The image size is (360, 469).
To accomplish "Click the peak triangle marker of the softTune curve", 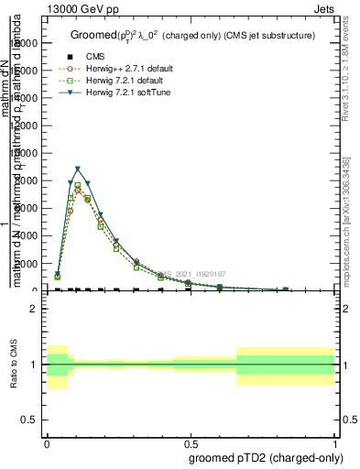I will click(x=78, y=169).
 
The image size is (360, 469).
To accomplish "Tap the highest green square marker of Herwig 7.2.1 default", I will click(x=78, y=185).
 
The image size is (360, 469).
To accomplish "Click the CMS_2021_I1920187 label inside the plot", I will click(x=194, y=273).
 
